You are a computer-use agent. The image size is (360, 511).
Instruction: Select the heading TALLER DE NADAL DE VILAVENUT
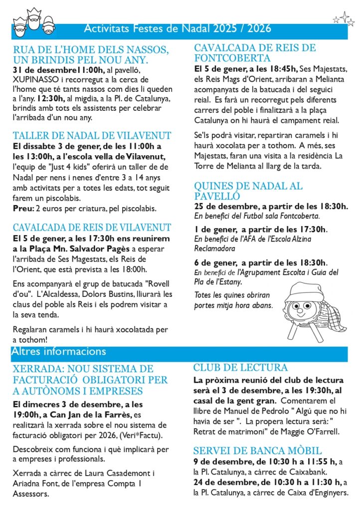pyautogui.click(x=92, y=135)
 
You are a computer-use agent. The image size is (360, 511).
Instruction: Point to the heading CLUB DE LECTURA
pyautogui.click(x=240, y=368)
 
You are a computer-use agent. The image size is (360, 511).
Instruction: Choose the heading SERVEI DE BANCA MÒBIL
pyautogui.click(x=257, y=450)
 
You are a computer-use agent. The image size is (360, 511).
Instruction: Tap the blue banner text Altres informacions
pyautogui.click(x=59, y=351)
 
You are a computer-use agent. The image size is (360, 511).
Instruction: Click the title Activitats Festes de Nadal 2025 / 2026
pyautogui.click(x=178, y=28)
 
